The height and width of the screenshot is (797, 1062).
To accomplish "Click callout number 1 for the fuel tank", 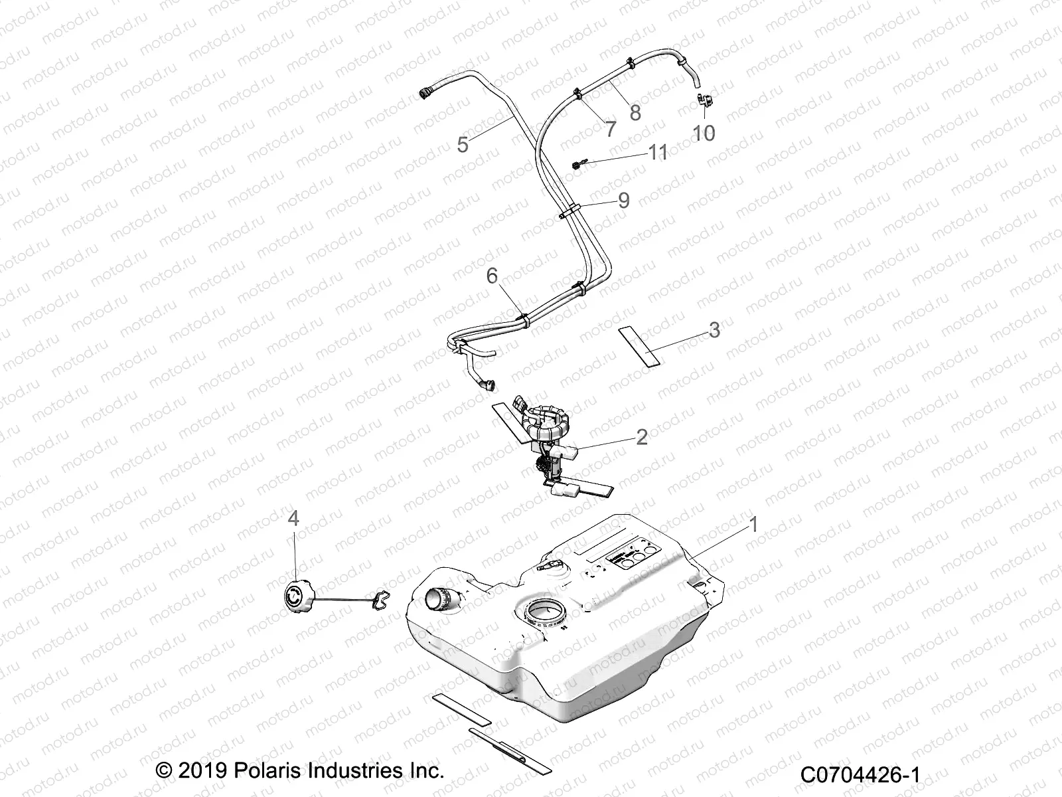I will pos(753,525).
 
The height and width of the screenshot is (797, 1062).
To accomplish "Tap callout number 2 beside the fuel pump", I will pos(642,438).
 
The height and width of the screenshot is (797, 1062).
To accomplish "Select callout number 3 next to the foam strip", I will pos(714,330).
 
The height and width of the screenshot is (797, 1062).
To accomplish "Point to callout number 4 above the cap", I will pos(293,519).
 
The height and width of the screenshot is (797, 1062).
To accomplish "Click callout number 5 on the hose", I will pos(463,144).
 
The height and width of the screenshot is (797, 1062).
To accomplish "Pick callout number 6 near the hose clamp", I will pos(493,276).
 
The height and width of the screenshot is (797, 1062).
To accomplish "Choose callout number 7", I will pos(610,129).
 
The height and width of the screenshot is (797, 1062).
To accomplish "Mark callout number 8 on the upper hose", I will pos(635,113).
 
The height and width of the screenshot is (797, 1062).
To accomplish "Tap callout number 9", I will pos(623,200).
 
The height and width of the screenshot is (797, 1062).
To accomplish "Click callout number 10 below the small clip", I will pos(704,133).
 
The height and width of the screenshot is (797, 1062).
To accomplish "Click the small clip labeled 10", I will pos(704,102).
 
